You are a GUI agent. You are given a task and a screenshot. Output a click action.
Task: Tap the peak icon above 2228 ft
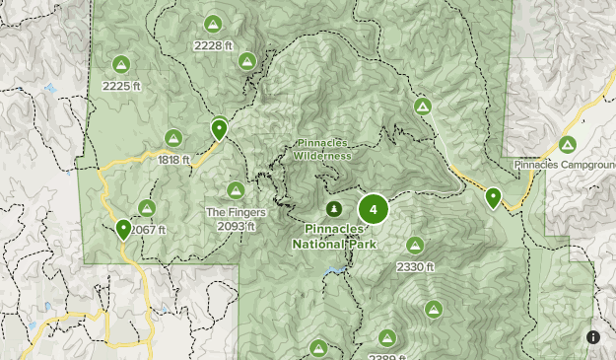tap(213, 24)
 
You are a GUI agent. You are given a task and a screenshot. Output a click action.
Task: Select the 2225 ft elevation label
tap(122, 86)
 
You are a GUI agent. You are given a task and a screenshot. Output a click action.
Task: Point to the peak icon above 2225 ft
tap(122, 65)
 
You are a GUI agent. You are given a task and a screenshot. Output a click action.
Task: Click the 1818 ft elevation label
tap(173, 159)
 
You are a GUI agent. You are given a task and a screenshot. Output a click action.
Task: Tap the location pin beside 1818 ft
tap(219, 128)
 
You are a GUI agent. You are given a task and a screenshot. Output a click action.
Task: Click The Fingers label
tap(230, 211)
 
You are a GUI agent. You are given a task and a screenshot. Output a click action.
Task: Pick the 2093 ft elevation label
tap(236, 225)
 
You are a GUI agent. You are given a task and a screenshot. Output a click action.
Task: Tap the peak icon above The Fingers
tap(236, 190)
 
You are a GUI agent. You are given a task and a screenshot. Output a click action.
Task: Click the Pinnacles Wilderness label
tap(322, 150)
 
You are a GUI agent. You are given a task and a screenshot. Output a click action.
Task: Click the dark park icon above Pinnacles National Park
tap(334, 209)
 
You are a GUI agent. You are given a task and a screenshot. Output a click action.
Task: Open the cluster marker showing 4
tap(373, 209)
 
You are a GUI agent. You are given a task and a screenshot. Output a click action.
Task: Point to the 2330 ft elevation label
tap(415, 266)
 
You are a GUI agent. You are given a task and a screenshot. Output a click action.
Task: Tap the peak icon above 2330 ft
tap(415, 246)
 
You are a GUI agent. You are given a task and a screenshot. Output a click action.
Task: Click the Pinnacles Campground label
tap(563, 164)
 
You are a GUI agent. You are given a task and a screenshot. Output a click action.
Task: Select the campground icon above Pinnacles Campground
tap(567, 144)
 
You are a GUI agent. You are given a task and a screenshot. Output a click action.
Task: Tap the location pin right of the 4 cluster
tap(493, 198)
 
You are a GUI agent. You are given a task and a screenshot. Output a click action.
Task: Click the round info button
tap(593, 337)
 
